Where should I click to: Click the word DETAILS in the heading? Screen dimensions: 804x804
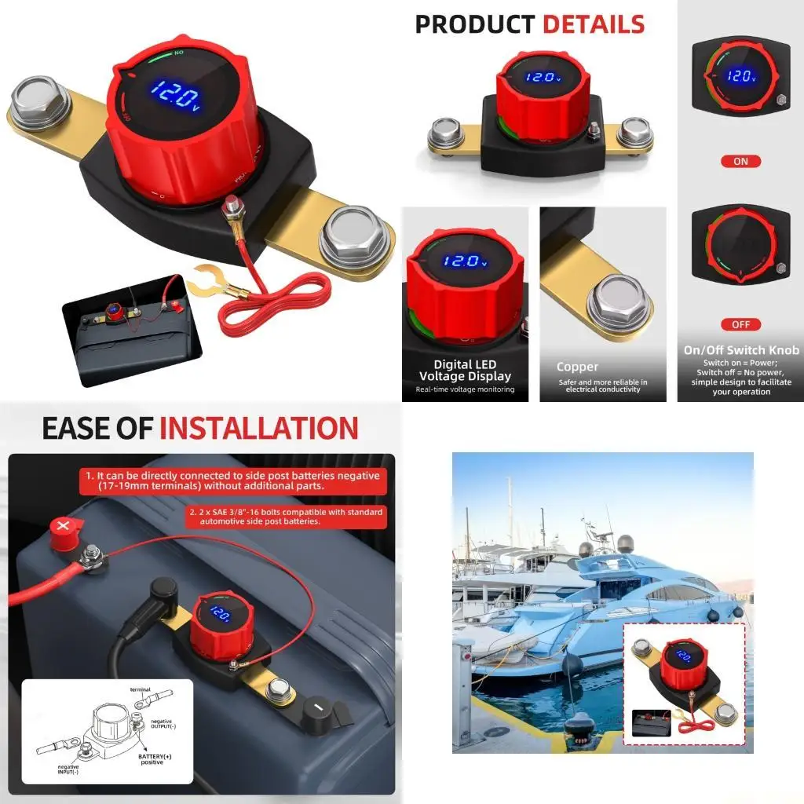coord(593,25)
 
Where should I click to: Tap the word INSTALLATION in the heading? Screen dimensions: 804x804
coord(259,429)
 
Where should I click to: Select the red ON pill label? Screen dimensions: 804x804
coord(740,161)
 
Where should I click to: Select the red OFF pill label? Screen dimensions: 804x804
coord(740,324)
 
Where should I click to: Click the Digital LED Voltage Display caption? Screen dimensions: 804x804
coord(465,371)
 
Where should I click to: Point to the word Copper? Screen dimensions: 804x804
coord(577,367)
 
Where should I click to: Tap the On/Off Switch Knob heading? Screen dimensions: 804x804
coord(741,350)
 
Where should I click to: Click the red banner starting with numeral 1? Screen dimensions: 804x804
coord(233,481)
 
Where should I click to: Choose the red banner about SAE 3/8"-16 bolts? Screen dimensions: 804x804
coord(287,516)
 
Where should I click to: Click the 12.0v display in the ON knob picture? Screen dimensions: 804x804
coord(740,77)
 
